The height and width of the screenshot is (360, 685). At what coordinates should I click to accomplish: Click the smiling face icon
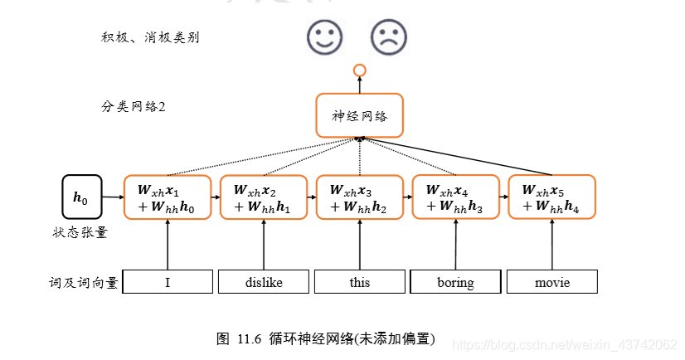click(x=324, y=36)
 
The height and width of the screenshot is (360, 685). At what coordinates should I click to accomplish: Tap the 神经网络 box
click(x=359, y=115)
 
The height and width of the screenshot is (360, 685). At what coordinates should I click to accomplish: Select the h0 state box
click(x=81, y=197)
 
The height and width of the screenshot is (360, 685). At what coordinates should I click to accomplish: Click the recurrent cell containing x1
click(x=168, y=197)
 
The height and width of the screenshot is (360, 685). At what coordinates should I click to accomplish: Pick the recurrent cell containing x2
click(x=264, y=197)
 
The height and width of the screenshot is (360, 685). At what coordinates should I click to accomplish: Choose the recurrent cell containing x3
click(x=360, y=197)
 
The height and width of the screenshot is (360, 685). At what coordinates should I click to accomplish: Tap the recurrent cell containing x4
click(x=455, y=197)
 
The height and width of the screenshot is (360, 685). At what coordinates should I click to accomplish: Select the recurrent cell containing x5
click(x=551, y=197)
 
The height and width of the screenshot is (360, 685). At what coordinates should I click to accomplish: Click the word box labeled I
click(x=168, y=282)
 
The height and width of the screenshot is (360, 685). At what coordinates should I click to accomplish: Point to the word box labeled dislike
click(x=264, y=282)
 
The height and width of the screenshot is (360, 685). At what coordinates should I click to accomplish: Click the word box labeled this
click(x=360, y=282)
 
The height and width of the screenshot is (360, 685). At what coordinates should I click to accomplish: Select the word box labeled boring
click(x=455, y=282)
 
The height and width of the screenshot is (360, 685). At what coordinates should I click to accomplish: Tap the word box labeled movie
click(x=551, y=282)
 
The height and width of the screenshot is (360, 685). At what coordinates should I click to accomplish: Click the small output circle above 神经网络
click(x=359, y=70)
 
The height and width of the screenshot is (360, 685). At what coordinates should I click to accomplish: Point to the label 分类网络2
click(x=133, y=107)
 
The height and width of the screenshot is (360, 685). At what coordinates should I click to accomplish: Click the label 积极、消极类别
click(x=149, y=37)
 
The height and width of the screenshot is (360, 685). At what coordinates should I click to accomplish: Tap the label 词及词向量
click(x=83, y=283)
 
